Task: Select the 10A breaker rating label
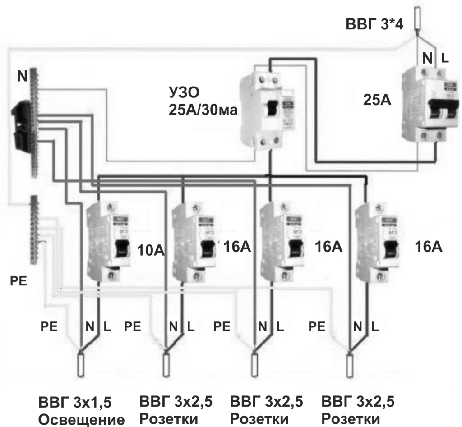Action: tap(151, 249)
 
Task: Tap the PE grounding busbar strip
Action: tap(34, 230)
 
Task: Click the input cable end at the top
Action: tap(417, 18)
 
